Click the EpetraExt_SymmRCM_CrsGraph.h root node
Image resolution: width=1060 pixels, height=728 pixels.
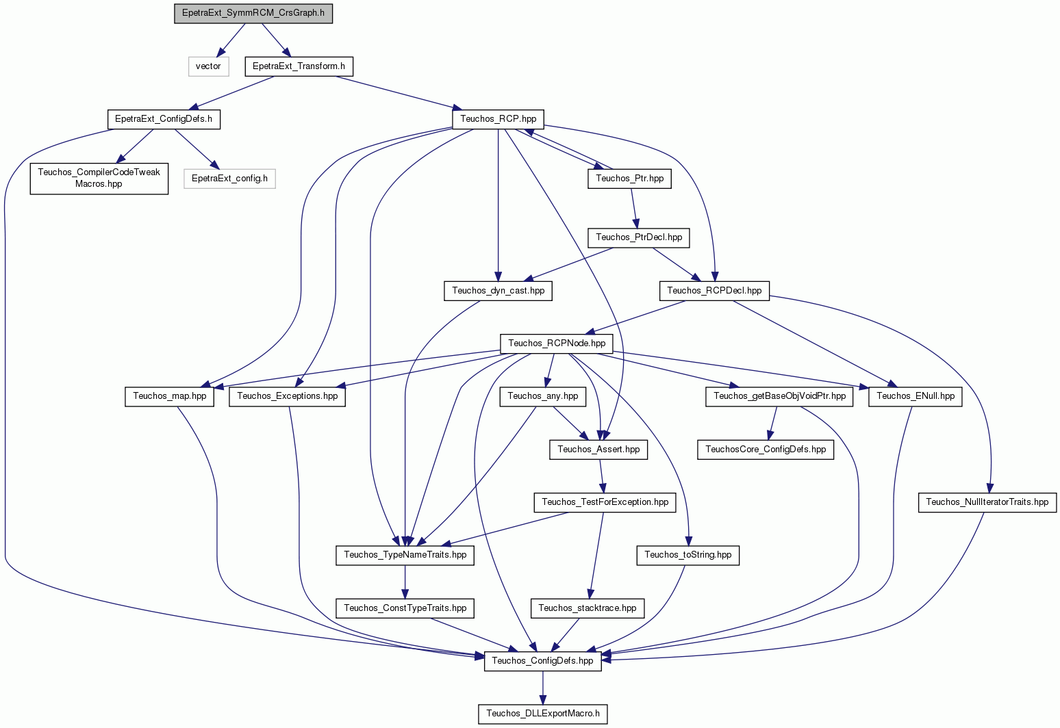click(x=253, y=13)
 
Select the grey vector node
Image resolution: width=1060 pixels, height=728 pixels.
click(x=208, y=66)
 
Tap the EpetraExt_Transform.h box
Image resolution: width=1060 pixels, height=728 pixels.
click(x=299, y=66)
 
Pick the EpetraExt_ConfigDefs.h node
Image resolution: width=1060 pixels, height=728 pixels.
click(x=164, y=119)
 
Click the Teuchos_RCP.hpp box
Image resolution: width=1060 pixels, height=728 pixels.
click(x=498, y=119)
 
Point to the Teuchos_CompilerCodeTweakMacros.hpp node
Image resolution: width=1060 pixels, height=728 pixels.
click(x=99, y=178)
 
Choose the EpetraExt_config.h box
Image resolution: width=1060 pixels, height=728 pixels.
click(x=229, y=179)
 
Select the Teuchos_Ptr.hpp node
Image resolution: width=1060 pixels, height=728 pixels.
click(x=629, y=179)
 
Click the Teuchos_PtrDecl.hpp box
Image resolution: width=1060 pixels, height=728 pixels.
click(x=639, y=237)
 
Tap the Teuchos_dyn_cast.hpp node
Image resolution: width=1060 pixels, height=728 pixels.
click(x=498, y=291)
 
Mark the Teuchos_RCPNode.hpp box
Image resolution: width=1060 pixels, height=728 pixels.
click(x=557, y=343)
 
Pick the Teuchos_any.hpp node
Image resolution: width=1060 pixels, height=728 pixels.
click(x=543, y=396)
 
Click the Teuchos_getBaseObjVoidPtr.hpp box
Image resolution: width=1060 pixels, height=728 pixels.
click(x=779, y=396)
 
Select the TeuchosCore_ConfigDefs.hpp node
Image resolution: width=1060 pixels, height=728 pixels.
click(x=766, y=450)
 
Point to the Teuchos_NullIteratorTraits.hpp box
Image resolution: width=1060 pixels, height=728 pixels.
click(x=987, y=502)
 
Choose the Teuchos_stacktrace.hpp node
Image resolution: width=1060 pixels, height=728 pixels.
click(x=588, y=608)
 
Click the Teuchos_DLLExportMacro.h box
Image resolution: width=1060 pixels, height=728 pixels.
click(x=543, y=714)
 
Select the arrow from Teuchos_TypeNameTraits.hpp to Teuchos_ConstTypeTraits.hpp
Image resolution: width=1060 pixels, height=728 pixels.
click(x=405, y=582)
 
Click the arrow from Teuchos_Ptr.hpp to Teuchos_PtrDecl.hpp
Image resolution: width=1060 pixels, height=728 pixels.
click(x=634, y=208)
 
